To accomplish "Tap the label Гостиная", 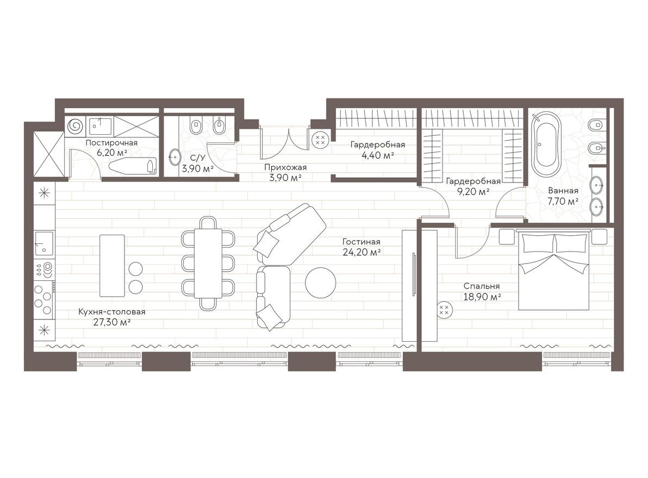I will click(x=361, y=242).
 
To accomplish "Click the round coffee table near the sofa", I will click(x=320, y=282).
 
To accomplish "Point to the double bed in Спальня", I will click(x=553, y=269).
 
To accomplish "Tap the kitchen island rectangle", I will click(x=112, y=265).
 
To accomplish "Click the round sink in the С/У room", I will click(x=175, y=157).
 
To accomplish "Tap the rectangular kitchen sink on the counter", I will click(x=44, y=243).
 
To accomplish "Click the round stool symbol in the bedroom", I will click(x=444, y=310).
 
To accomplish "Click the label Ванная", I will click(x=563, y=191).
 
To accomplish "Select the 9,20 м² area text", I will click(x=473, y=191).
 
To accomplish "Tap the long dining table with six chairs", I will click(x=209, y=263).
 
